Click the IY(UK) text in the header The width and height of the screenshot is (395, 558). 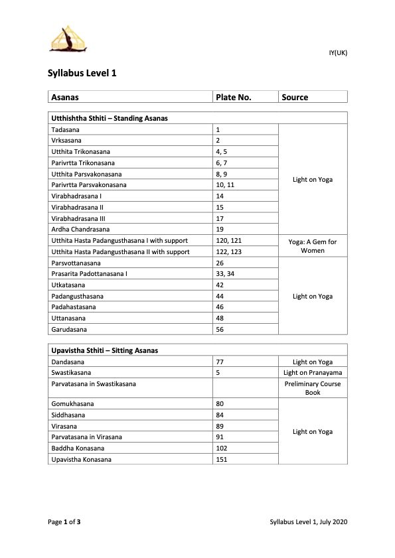(338, 53)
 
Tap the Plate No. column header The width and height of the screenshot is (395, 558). (233, 97)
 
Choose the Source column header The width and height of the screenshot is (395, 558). (295, 97)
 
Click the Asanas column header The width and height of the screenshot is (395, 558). (65, 97)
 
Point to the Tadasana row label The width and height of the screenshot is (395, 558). (66, 129)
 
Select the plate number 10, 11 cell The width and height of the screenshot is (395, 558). (225, 184)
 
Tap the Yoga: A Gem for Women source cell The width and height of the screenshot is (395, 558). (313, 246)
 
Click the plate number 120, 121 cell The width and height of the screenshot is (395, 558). (228, 240)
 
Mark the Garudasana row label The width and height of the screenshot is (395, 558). (69, 329)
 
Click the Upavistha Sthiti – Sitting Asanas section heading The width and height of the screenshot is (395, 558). (104, 350)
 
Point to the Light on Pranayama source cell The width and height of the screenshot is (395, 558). (313, 373)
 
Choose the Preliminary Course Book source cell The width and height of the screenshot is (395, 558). (313, 388)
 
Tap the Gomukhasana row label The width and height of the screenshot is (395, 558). (72, 403)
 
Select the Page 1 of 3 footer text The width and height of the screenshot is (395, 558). (64, 522)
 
